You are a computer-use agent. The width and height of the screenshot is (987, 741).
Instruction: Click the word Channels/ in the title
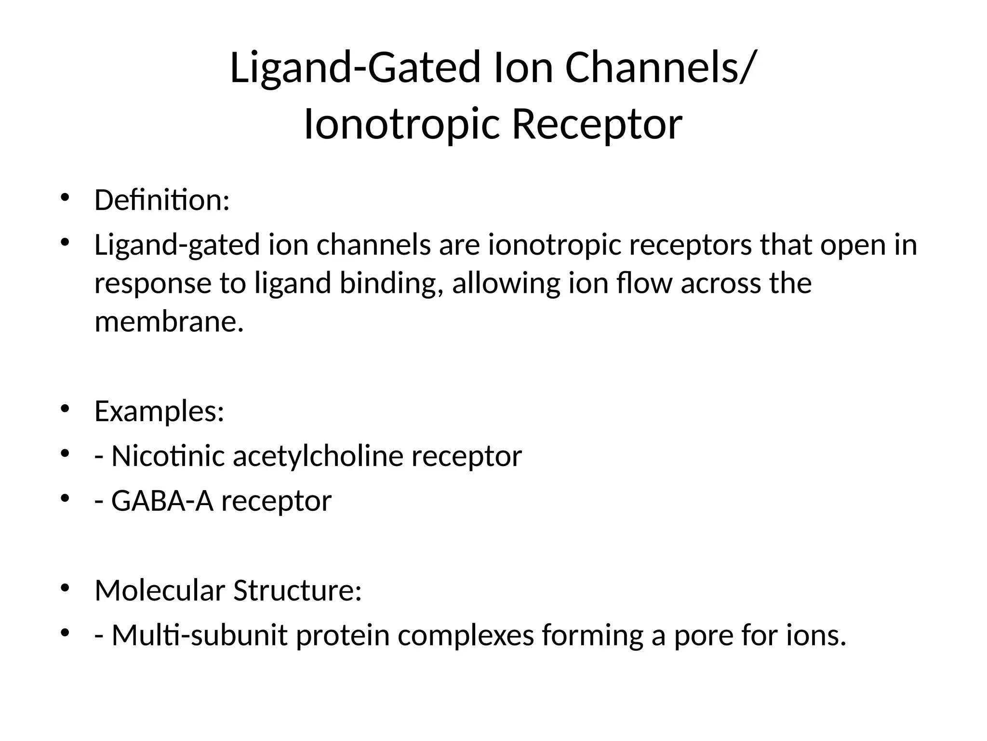(658, 68)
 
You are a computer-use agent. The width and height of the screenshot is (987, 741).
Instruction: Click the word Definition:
(162, 200)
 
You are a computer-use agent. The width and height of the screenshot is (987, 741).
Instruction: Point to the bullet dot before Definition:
(65, 197)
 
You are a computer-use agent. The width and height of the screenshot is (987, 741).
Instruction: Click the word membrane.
(169, 322)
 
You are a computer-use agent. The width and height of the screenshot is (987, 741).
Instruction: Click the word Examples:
(160, 412)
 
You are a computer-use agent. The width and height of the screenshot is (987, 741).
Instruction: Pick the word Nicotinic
(168, 456)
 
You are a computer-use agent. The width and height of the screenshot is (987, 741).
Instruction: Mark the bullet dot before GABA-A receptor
(65, 498)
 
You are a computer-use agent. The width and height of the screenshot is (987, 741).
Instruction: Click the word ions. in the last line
(816, 635)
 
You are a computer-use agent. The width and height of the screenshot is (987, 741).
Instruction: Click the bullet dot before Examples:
(65, 409)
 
